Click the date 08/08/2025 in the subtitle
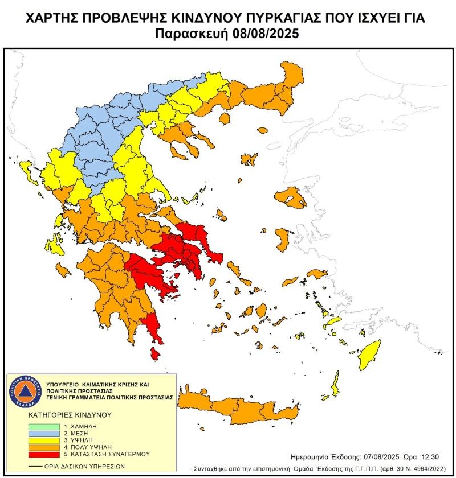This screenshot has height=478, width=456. tap(266, 34)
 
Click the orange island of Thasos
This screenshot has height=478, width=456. tap(225, 118)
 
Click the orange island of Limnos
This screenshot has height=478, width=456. tap(249, 160)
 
